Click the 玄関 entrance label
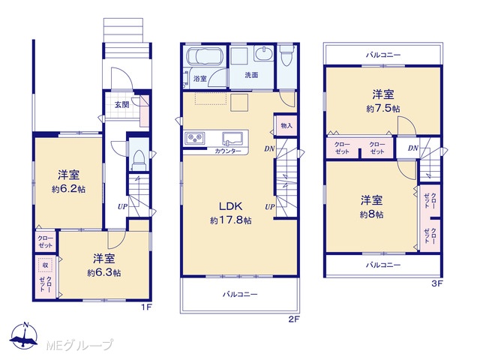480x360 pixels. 121,105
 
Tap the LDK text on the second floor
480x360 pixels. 231,206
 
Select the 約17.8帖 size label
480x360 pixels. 231,220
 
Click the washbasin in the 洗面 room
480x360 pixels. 264,54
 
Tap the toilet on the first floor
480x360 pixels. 139,160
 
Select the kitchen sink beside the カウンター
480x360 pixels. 232,139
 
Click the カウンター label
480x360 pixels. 228,151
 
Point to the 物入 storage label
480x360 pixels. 286,125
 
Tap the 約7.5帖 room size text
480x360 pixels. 383,108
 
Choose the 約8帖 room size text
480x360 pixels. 371,214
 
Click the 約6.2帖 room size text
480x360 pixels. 68,189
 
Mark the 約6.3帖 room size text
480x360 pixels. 103,272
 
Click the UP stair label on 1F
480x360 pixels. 122,207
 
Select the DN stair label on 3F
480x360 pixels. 413,148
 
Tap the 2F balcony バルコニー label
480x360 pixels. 240,295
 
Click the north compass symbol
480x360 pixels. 24,335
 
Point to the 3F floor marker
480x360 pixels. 437,283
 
